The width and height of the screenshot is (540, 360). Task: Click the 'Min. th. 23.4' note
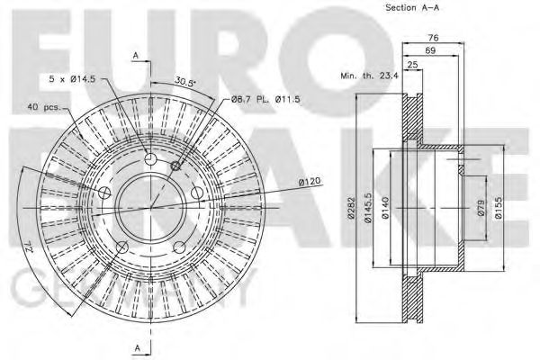point(370,77)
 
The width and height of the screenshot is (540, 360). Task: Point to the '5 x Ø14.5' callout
point(75,79)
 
